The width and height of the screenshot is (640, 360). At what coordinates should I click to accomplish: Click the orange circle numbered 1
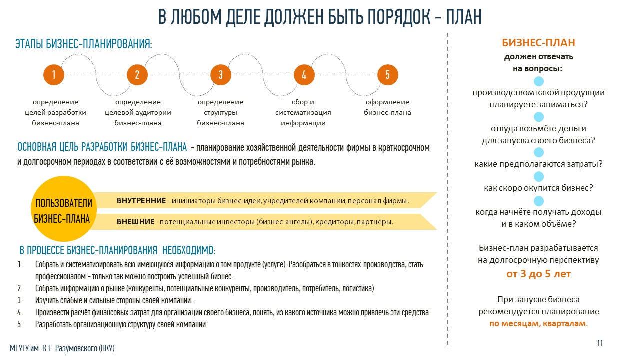coord(54,75)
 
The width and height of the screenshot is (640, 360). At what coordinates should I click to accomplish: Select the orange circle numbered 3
coord(221,75)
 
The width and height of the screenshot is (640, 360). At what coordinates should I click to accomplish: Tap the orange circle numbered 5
coord(387,75)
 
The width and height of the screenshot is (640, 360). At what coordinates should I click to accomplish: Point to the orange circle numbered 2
coord(137,75)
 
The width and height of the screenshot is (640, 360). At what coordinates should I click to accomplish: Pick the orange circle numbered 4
coord(304,75)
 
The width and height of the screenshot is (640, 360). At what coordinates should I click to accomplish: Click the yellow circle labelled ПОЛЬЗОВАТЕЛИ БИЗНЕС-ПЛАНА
coord(64,209)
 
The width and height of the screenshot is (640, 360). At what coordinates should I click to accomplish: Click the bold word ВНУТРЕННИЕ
coord(141,201)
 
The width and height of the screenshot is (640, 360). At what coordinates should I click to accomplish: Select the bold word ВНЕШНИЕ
coord(135,221)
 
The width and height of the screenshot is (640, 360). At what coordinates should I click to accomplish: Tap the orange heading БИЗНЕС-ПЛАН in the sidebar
coord(538,43)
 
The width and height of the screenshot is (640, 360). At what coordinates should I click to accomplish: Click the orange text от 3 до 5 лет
coord(538,274)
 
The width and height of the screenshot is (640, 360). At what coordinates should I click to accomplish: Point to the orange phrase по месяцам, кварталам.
coord(538,324)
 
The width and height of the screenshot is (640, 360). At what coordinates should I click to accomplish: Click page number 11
coord(600,343)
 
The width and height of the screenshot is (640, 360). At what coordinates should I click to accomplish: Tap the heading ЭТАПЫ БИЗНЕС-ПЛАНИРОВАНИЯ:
coord(83,44)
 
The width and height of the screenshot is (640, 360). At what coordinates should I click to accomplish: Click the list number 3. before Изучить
coord(20,300)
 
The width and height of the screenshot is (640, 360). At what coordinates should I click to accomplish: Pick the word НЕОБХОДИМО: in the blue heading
coord(189,250)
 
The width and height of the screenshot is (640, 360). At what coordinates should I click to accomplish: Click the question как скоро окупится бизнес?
coord(538,188)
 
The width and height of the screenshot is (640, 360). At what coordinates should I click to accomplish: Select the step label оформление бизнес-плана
coord(387,107)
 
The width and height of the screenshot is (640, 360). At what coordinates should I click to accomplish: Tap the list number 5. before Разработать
coord(20,324)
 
